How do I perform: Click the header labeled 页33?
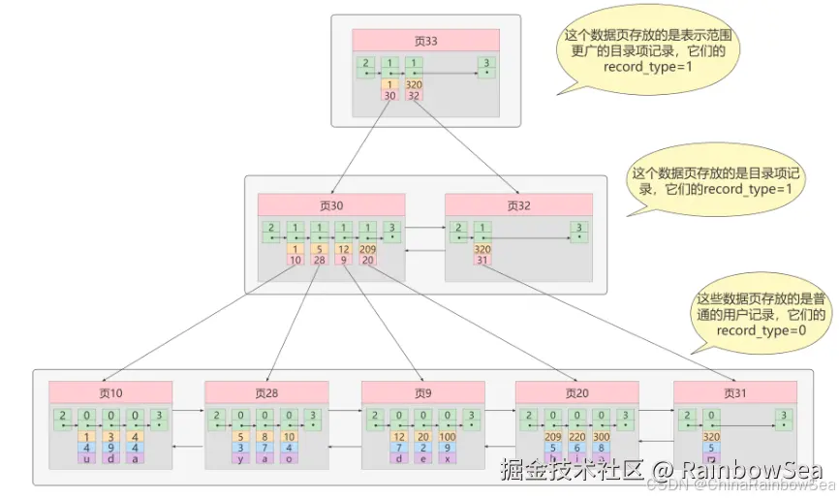[425, 41]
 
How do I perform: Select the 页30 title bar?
[331, 205]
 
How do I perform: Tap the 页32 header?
[518, 205]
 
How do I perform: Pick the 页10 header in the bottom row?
[110, 392]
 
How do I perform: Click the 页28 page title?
[266, 392]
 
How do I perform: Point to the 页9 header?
[423, 392]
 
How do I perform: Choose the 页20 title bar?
[577, 392]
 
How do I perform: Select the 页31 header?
[735, 392]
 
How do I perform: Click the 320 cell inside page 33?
[416, 84]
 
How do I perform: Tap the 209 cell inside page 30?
[368, 249]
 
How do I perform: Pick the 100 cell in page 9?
[446, 436]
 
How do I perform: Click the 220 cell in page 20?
[577, 436]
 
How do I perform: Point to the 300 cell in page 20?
[602, 436]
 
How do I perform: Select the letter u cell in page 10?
[87, 459]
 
